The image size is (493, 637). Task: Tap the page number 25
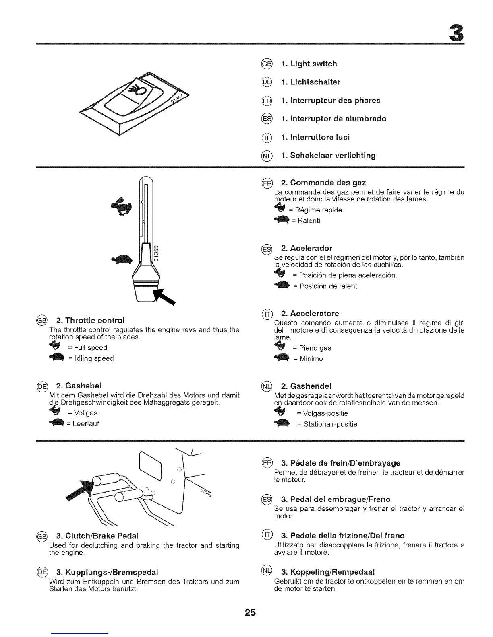tap(250, 612)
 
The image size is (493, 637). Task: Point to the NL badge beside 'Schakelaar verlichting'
tap(267, 156)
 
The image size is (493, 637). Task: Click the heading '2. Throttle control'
tap(90, 320)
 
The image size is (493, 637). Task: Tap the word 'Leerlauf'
tap(86, 423)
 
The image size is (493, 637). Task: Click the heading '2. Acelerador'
tap(307, 248)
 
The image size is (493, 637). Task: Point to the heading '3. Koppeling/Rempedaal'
tap(327, 571)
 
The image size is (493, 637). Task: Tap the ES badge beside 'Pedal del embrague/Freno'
tap(267, 499)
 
